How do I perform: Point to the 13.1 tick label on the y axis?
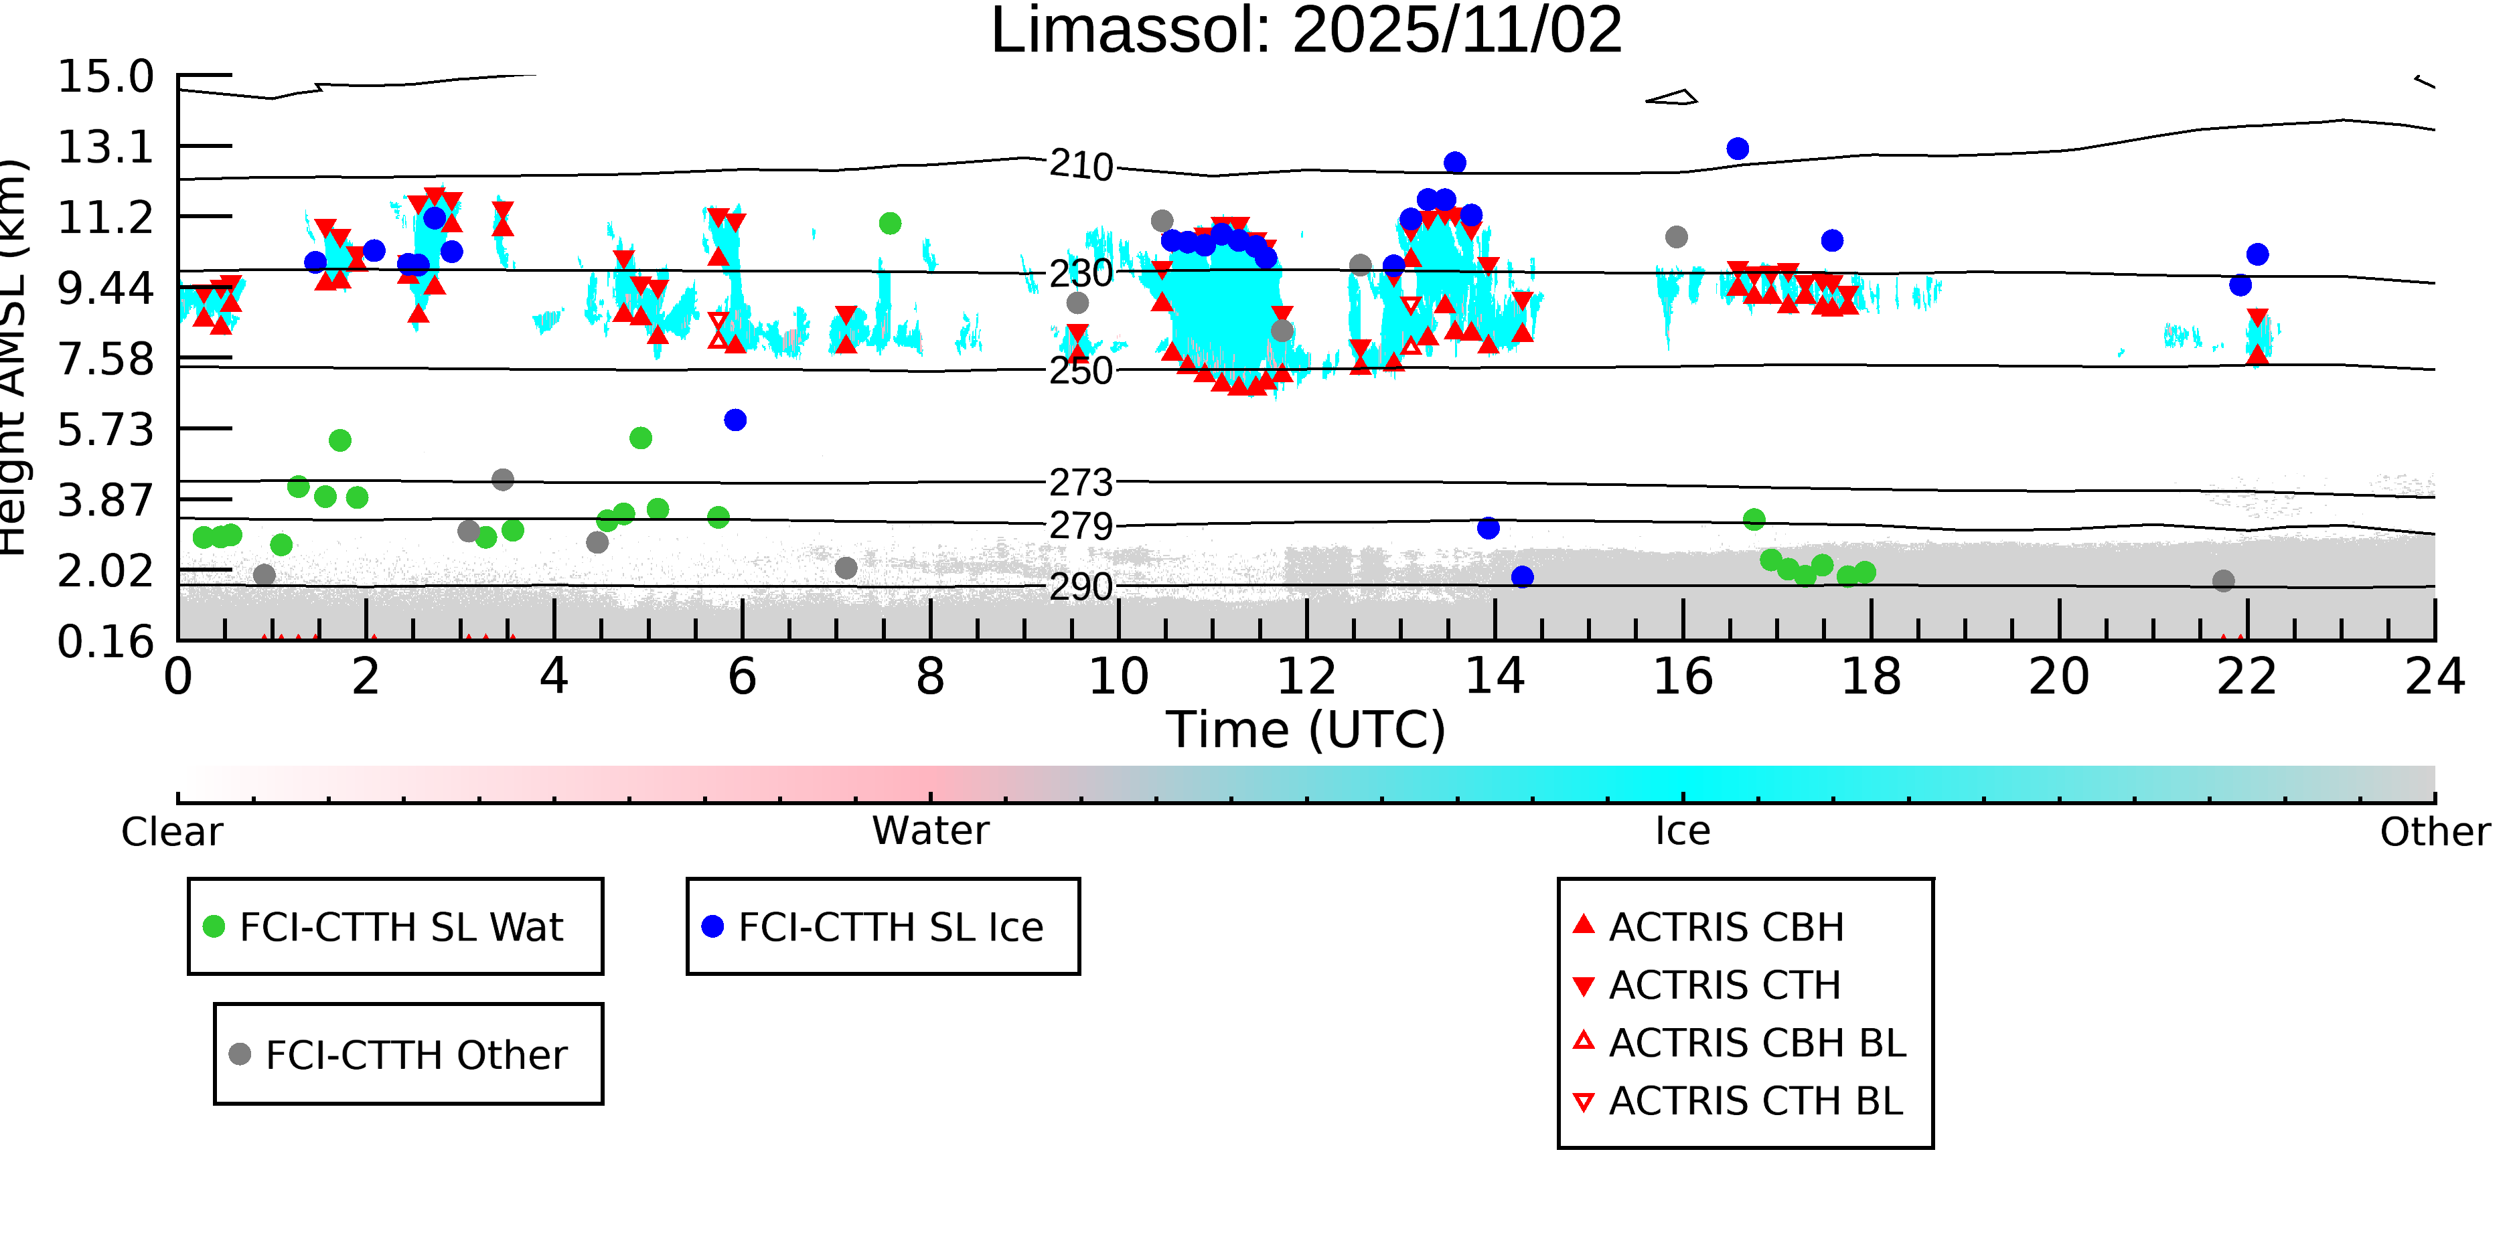tap(105, 147)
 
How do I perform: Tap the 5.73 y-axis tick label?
tap(105, 430)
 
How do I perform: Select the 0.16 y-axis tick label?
tap(105, 642)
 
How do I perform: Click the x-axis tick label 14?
tap(1495, 676)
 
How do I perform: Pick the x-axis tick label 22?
tap(2247, 676)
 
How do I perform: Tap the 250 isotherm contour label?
tap(1081, 371)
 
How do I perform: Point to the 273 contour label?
tap(1081, 483)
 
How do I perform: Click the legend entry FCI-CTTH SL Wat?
tap(400, 926)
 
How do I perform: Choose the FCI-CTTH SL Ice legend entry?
tap(890, 926)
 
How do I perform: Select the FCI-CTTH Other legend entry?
tap(415, 1054)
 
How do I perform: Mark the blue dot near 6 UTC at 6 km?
tap(735, 420)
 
